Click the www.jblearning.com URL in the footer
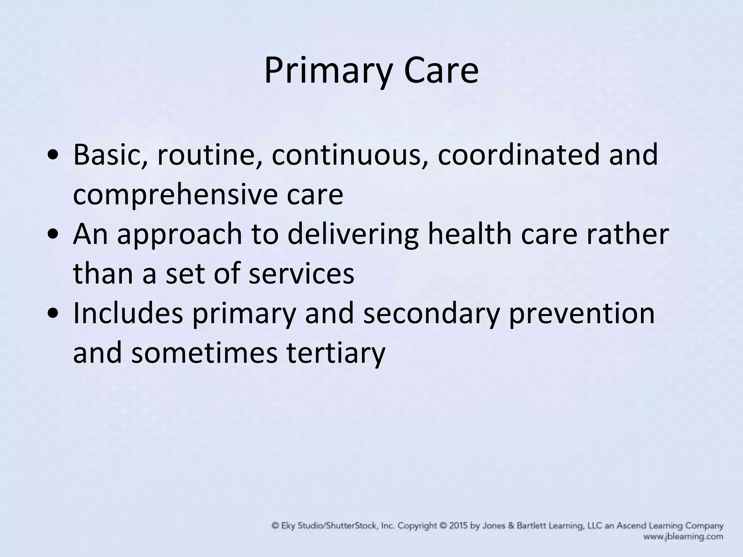coord(683,537)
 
